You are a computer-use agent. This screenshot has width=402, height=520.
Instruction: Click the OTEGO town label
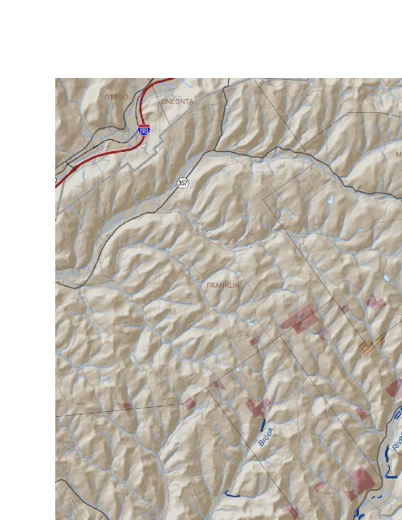(x=116, y=97)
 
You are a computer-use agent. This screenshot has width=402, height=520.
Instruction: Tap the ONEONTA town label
(x=177, y=102)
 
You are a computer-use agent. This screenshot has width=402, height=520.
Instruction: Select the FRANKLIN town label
(x=223, y=286)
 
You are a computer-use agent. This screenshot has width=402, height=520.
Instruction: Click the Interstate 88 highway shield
(x=144, y=130)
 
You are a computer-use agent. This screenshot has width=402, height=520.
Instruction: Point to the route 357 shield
(x=183, y=184)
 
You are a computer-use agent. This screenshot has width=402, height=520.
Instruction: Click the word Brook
(x=266, y=436)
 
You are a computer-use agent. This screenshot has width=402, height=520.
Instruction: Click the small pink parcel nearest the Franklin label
(x=254, y=341)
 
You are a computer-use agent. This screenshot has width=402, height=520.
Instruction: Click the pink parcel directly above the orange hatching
(x=375, y=304)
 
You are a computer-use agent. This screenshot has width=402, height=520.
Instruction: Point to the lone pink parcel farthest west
(x=124, y=405)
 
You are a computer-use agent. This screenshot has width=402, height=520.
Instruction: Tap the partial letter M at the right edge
(x=399, y=154)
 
